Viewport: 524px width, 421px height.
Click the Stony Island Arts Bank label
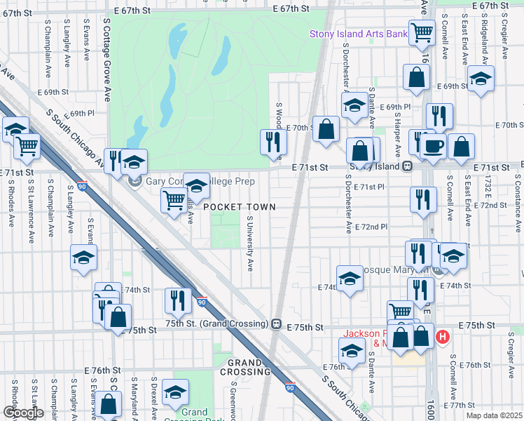point(359,34)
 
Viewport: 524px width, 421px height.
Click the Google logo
point(23,413)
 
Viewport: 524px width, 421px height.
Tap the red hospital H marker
point(442,338)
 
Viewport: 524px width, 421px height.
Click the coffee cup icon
point(433,145)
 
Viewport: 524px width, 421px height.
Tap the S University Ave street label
point(249,243)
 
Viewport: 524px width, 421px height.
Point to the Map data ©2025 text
point(494,415)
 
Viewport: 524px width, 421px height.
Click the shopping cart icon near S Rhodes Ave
point(27,146)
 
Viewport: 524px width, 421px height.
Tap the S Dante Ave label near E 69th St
point(371,109)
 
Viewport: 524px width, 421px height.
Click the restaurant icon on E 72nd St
point(423,199)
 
